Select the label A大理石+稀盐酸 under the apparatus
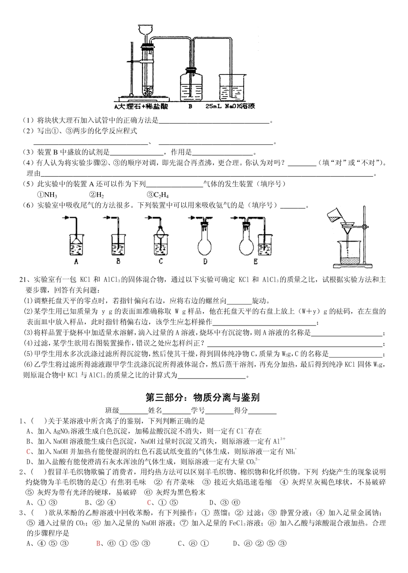[x=141, y=106]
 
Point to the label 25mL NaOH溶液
[x=230, y=106]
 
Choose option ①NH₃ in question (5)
[x=47, y=195]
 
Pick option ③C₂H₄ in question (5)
[x=158, y=195]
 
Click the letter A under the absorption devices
[x=76, y=261]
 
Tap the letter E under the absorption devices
[x=256, y=261]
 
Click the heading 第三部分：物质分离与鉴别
[x=202, y=397]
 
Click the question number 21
[x=23, y=280]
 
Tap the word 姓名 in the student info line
[x=155, y=410]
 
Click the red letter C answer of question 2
[x=149, y=503]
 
